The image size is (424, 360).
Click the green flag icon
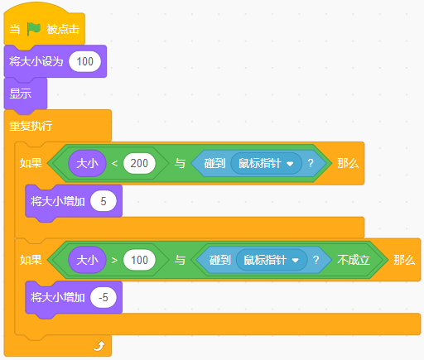click(34, 29)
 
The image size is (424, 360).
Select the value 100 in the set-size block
click(84, 61)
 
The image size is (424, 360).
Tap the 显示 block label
click(21, 94)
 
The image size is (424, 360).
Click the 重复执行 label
click(31, 126)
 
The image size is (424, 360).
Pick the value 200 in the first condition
click(139, 163)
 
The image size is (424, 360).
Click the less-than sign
click(114, 163)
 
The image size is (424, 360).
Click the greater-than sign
click(114, 260)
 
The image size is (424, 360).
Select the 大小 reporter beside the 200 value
click(87, 163)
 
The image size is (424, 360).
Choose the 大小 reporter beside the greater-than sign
click(87, 260)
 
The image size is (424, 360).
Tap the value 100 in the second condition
click(139, 260)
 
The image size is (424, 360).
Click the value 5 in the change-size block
click(104, 201)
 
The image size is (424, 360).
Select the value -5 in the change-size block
click(104, 297)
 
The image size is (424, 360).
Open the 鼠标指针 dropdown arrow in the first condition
click(290, 164)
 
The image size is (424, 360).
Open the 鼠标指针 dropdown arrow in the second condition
click(296, 261)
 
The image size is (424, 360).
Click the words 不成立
click(354, 260)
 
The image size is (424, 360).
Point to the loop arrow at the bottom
click(99, 346)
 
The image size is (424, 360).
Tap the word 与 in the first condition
click(180, 163)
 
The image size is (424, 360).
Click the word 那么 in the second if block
click(404, 260)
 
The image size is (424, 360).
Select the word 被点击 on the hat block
click(63, 29)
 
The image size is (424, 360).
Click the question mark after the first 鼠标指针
click(311, 163)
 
